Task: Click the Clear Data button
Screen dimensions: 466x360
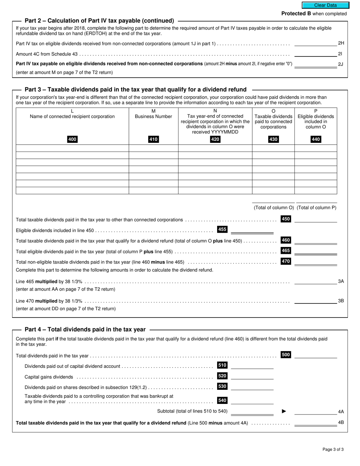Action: (325, 5)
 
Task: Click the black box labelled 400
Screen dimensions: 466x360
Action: (72, 139)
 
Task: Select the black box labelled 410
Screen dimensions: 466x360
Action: (153, 139)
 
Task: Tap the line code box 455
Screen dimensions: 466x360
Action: (222, 229)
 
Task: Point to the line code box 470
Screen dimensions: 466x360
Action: (286, 261)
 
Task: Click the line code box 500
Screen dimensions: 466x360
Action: (286, 355)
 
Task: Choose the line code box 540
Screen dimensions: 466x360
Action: (222, 400)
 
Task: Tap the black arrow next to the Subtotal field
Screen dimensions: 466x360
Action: (284, 411)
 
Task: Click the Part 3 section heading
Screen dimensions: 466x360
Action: (135, 90)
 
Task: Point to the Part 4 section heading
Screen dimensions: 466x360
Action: (85, 330)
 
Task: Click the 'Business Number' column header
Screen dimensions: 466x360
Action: (153, 116)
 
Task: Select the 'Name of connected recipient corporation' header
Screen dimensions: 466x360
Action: (72, 116)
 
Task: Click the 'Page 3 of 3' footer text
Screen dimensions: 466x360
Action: (333, 450)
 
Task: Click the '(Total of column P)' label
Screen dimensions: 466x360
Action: (316, 208)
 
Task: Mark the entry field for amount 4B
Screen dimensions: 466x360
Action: (315, 423)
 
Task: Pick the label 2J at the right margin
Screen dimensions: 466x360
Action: (340, 64)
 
